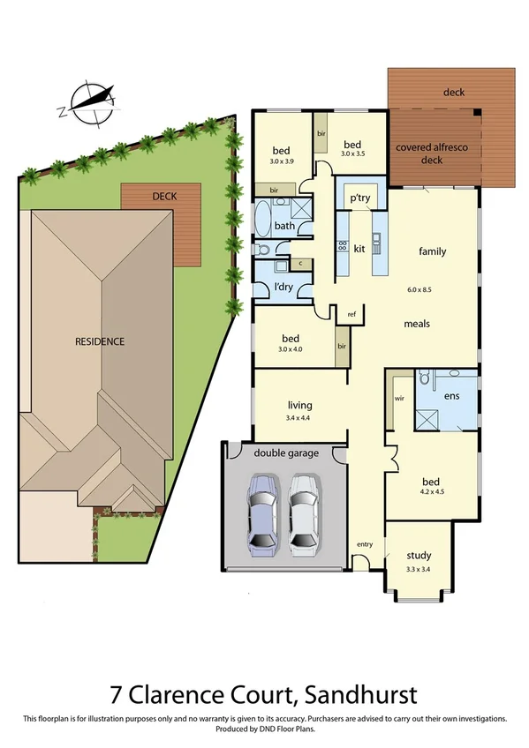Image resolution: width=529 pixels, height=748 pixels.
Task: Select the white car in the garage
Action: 303,512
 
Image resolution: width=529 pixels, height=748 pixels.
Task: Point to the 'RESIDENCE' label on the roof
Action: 99,340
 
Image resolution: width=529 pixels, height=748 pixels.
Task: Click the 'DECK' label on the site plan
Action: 163,197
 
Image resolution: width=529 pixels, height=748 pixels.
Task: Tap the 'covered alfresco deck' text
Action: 432,153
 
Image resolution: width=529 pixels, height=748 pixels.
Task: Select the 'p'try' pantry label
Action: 359,198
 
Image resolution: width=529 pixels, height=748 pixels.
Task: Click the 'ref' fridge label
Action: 351,314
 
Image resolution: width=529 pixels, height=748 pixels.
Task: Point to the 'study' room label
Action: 419,556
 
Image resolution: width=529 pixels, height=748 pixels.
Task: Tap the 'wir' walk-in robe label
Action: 399,398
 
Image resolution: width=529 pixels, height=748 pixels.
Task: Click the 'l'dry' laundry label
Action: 284,288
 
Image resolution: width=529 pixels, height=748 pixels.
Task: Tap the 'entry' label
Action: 365,544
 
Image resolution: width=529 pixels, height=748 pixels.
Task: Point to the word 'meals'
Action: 417,324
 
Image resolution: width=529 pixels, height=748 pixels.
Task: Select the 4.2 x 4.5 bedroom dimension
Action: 431,494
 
